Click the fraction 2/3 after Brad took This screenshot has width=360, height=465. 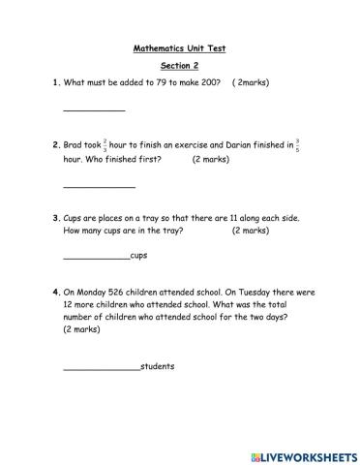105,145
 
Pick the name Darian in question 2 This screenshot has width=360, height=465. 211,145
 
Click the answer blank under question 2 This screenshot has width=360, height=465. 99,185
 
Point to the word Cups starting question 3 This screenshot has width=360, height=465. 75,218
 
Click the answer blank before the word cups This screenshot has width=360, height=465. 96,257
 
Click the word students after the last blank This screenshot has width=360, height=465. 158,367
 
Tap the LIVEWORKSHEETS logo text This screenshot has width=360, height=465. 306,455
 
